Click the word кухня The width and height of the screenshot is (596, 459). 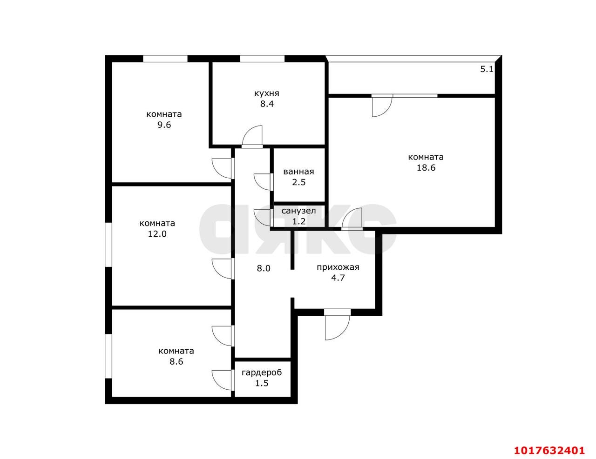click(267, 93)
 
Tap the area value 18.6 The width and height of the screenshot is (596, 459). click(426, 167)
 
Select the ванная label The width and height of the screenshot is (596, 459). click(298, 172)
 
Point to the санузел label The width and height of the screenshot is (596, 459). click(298, 211)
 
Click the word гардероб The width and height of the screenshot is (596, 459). click(262, 373)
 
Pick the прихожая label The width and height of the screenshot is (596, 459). click(338, 267)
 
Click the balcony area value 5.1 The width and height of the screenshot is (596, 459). click(487, 69)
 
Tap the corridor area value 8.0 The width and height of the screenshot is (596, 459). click(263, 268)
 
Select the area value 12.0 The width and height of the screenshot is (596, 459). click(157, 234)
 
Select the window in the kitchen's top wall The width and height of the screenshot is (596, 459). click(262, 59)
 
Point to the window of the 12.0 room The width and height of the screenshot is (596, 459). click(108, 245)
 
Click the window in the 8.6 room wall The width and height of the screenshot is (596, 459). click(108, 356)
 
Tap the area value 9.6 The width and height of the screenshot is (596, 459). click(164, 125)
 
